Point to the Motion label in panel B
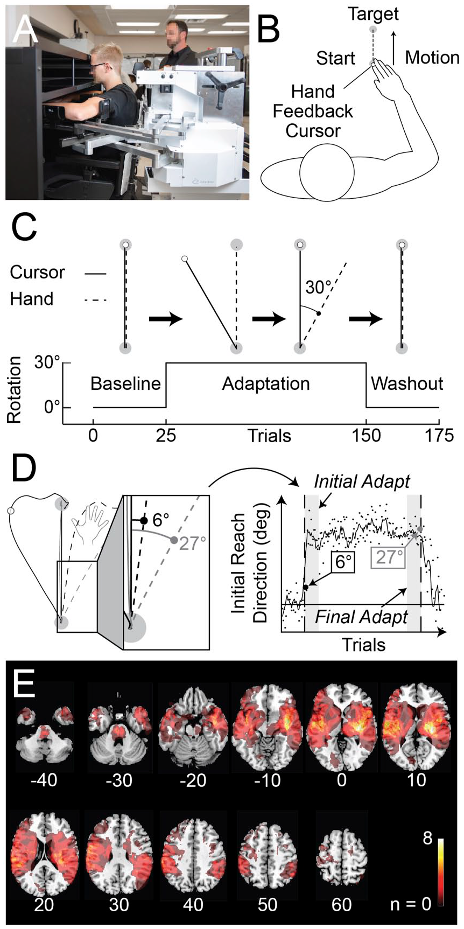tap(432, 57)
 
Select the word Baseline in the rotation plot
tap(125, 383)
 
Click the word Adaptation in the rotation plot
tap(266, 384)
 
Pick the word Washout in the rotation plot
tap(407, 383)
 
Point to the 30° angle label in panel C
tap(318, 287)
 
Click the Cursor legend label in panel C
tap(38, 273)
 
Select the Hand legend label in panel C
tap(32, 298)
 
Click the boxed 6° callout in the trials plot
tap(341, 562)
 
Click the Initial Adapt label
tap(362, 481)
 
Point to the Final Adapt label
tap(361, 617)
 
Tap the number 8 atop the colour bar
tap(427, 839)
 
